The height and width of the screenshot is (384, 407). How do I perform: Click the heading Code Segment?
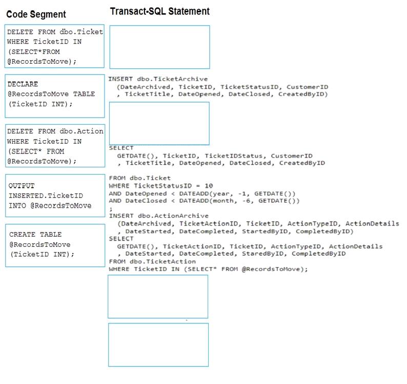(x=36, y=14)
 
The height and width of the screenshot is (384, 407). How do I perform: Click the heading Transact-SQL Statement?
(x=159, y=11)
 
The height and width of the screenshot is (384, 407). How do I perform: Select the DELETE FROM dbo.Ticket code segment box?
(x=54, y=46)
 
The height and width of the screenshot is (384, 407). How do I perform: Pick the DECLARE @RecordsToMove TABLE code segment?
(x=55, y=96)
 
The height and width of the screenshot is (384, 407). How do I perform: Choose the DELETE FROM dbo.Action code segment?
(x=55, y=146)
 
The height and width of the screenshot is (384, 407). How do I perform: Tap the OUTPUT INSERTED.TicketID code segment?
(x=55, y=196)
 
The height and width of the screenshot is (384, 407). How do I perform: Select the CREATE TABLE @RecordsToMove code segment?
(x=55, y=245)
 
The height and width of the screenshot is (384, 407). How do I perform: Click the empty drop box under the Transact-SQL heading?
(x=159, y=47)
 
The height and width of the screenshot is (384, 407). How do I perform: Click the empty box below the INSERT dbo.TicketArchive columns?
(x=159, y=124)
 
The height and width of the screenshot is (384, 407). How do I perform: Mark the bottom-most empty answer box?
(x=158, y=345)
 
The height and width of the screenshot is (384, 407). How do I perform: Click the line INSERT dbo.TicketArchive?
(x=158, y=79)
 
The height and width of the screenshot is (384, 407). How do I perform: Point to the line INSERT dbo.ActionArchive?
(x=158, y=216)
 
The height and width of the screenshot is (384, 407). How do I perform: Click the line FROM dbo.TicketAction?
(x=152, y=261)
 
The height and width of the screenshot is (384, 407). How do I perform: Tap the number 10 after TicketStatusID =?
(x=209, y=186)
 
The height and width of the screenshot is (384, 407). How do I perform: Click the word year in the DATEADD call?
(x=221, y=194)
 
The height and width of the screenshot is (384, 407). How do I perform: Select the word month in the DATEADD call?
(x=226, y=201)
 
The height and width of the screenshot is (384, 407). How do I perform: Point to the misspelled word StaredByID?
(x=262, y=254)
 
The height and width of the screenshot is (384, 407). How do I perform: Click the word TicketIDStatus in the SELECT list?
(x=233, y=156)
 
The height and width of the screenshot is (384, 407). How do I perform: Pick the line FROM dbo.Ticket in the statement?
(x=140, y=178)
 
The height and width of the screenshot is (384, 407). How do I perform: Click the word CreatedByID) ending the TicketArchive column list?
(x=303, y=94)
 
